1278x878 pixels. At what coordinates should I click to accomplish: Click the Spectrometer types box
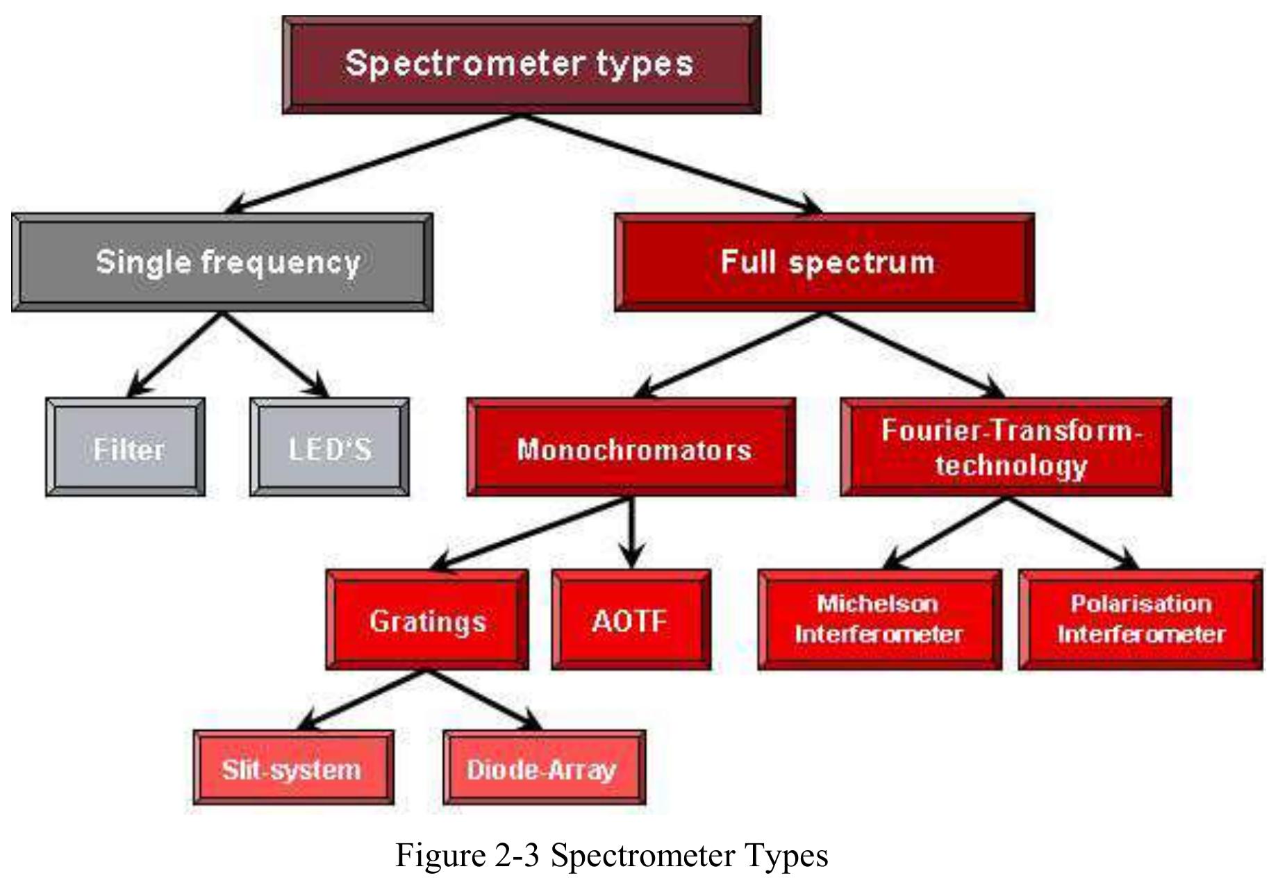coord(521,64)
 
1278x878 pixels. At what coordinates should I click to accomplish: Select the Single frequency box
coord(222,263)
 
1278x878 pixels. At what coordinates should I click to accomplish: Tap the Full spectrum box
coord(824,263)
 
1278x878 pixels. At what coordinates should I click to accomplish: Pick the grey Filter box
coord(126,448)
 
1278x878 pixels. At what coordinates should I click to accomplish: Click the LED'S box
coord(329,448)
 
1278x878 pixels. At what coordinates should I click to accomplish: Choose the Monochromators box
coord(631,448)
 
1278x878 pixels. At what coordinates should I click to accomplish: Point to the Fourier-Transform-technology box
coord(1006,448)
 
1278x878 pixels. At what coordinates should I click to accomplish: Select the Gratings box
coord(426,620)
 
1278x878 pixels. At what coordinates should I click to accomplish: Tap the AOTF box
coord(631,620)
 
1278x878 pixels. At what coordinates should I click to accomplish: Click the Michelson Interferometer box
coord(879,620)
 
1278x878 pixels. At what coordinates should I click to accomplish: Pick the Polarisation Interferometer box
coord(1140,620)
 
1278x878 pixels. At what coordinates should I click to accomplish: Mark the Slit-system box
coord(293,768)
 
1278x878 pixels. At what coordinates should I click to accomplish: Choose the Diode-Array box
coord(544,768)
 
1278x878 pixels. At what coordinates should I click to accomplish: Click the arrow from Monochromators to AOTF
coord(631,531)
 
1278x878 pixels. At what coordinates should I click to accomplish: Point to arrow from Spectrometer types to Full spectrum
coord(670,164)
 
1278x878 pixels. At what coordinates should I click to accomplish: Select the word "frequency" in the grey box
coord(281,263)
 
